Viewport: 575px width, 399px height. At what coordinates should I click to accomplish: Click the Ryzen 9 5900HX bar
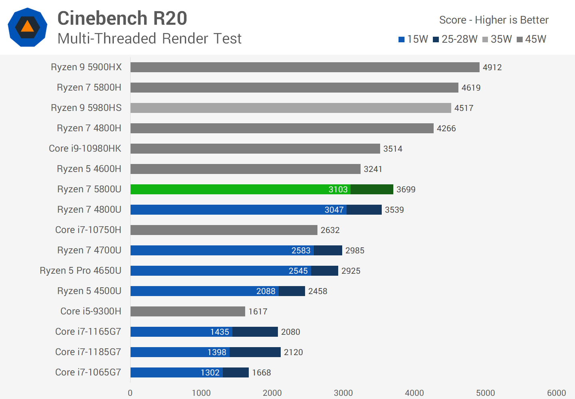click(x=305, y=67)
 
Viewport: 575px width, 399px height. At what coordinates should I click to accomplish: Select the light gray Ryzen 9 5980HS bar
click(x=291, y=108)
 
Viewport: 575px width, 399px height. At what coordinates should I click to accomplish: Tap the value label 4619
click(x=471, y=88)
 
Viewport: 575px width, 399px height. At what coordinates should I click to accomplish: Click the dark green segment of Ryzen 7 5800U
click(x=372, y=189)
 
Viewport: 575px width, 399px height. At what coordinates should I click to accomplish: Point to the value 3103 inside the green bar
click(x=338, y=190)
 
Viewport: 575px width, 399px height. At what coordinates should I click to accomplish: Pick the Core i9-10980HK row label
click(x=85, y=148)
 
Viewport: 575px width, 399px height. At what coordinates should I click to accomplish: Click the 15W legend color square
click(x=402, y=40)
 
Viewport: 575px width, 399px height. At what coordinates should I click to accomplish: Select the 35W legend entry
click(x=497, y=39)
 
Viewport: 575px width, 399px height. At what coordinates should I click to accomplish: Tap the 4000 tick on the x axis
click(x=414, y=393)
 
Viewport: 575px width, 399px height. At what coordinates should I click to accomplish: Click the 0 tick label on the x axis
click(x=130, y=393)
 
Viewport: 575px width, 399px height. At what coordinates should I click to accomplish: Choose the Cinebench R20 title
click(x=122, y=18)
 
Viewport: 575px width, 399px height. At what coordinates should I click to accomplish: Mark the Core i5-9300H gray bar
click(x=188, y=311)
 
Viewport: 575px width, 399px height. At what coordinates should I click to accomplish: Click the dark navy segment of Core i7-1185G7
click(x=255, y=352)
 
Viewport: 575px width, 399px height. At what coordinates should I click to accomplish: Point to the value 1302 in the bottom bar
click(x=210, y=373)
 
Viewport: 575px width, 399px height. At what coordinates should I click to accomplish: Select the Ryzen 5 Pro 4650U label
click(x=80, y=271)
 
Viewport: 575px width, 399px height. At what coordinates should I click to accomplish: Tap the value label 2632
click(x=330, y=230)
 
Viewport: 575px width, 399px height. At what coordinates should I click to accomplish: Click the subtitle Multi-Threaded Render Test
click(x=149, y=39)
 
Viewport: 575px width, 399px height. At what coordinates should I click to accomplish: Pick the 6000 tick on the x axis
click(x=556, y=393)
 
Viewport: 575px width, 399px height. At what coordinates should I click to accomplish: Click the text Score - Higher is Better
click(x=494, y=20)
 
